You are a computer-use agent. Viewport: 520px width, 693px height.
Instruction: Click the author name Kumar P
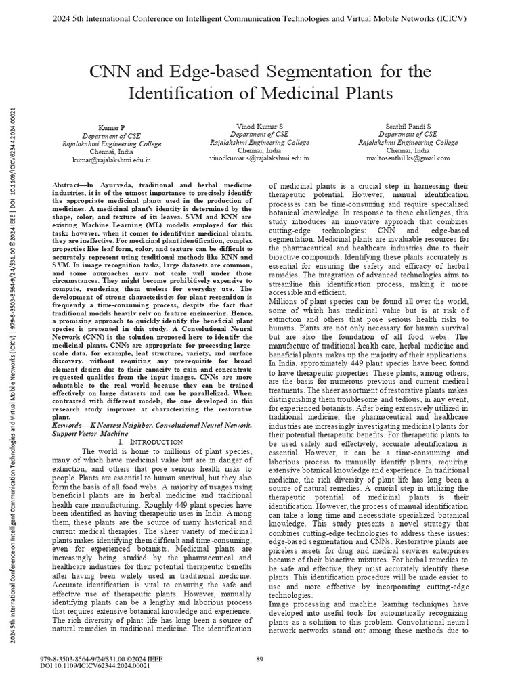[112, 128]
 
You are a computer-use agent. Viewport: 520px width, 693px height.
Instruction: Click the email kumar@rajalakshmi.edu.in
[112, 160]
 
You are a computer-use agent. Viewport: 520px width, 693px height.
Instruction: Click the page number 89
[259, 660]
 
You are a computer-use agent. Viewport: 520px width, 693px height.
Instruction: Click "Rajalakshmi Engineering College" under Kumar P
[112, 144]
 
